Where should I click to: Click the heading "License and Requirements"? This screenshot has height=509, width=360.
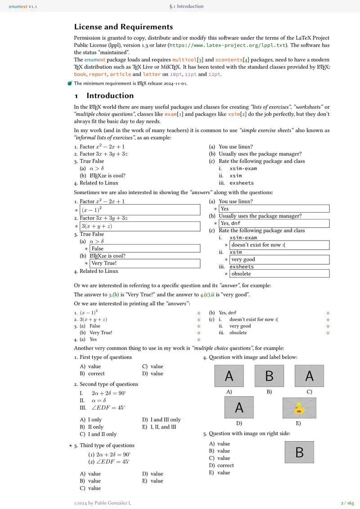(123, 27)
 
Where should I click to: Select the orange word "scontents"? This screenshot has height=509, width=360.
(230, 60)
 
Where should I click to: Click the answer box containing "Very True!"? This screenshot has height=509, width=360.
(145, 263)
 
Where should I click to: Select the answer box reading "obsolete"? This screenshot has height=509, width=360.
(279, 274)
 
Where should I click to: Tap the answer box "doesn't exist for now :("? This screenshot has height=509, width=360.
(279, 245)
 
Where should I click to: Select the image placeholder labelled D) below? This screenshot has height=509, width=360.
(239, 408)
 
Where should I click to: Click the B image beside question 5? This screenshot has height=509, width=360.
(299, 452)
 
